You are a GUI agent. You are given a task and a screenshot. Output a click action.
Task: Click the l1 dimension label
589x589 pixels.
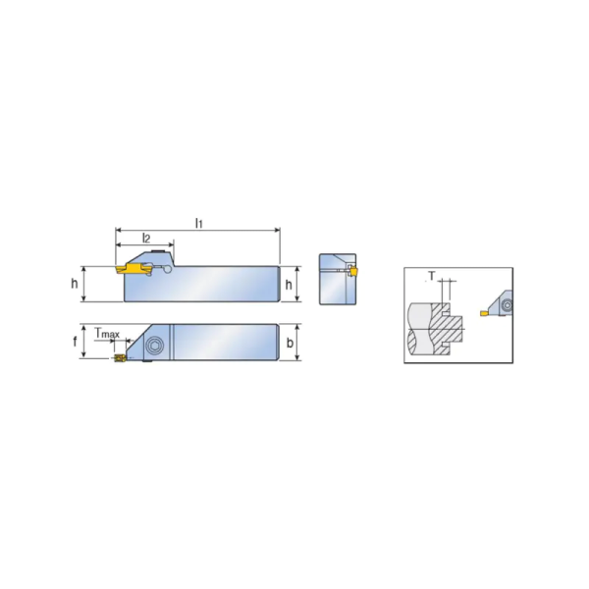(198, 224)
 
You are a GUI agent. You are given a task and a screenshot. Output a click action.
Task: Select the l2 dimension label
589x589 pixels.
(146, 239)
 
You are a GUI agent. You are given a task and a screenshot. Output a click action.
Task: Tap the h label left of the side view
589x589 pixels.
(75, 284)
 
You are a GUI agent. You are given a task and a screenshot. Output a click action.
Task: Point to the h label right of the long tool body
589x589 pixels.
(289, 284)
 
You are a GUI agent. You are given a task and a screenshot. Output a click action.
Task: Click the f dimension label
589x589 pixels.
(75, 343)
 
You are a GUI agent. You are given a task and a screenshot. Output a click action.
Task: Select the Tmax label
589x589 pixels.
(107, 334)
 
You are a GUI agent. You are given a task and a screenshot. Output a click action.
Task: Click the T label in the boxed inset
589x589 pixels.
(431, 277)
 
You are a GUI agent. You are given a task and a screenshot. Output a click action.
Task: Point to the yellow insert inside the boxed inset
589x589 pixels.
(483, 312)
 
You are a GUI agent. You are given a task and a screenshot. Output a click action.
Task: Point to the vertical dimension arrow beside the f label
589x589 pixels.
(84, 343)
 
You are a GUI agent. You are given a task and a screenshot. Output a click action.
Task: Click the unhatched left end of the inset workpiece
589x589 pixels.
(416, 329)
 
